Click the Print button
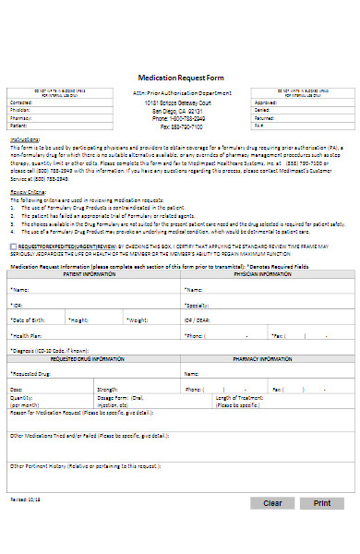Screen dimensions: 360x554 (322, 503)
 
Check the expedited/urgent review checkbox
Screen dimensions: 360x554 (13, 247)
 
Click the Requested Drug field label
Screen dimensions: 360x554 (31, 374)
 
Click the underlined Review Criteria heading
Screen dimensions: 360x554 (29, 192)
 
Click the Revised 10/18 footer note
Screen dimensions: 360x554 (25, 497)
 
